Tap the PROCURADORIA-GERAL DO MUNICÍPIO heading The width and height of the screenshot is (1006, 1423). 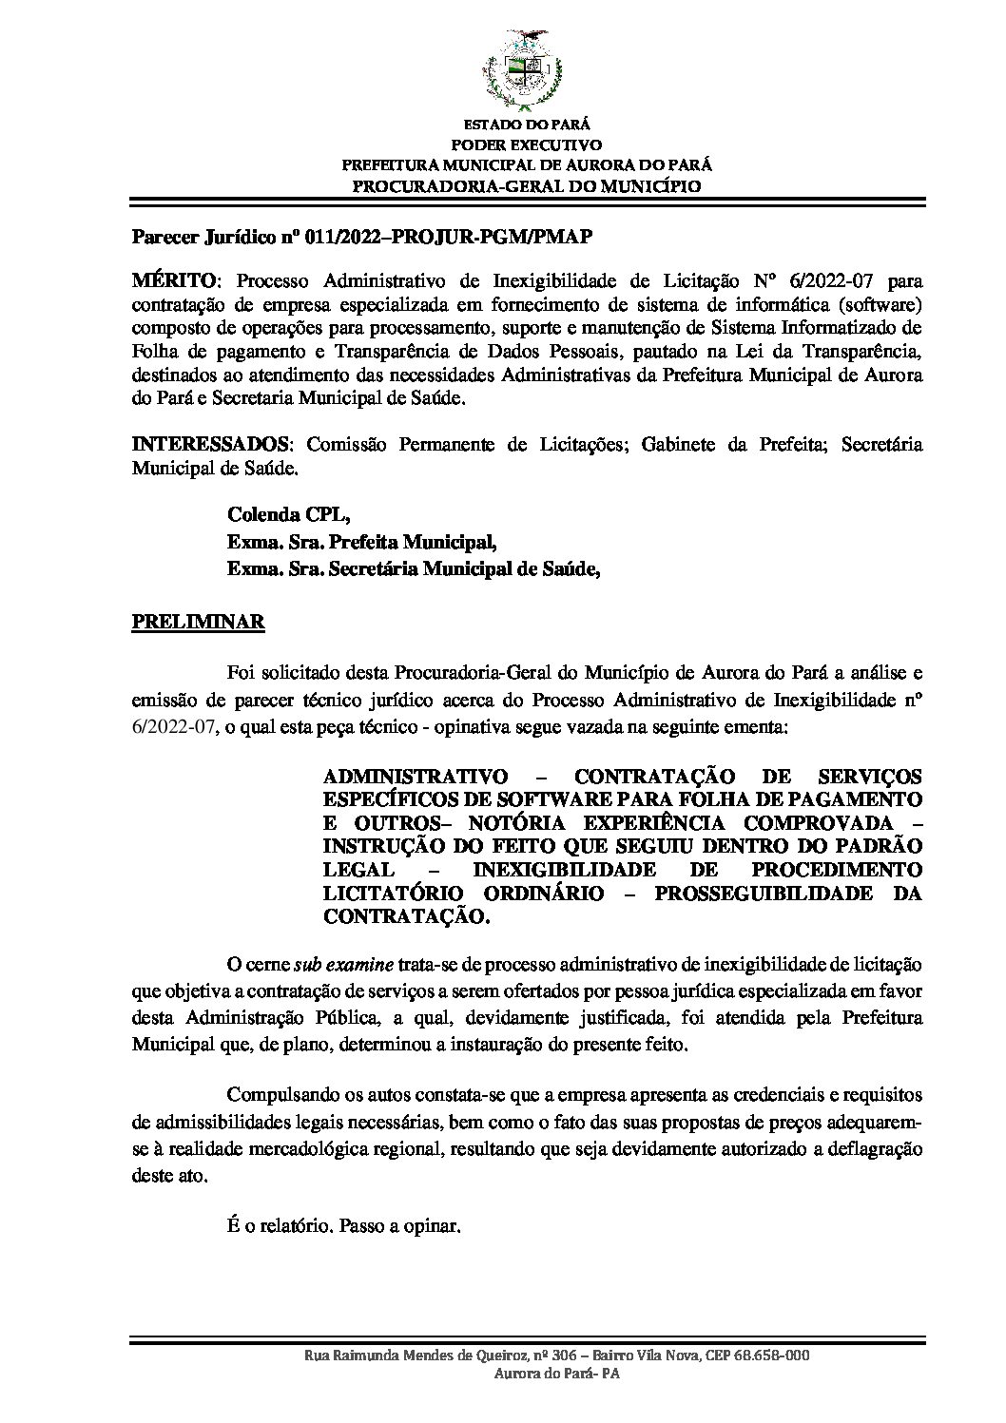point(527,185)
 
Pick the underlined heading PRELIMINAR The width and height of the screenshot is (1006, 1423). point(198,623)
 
